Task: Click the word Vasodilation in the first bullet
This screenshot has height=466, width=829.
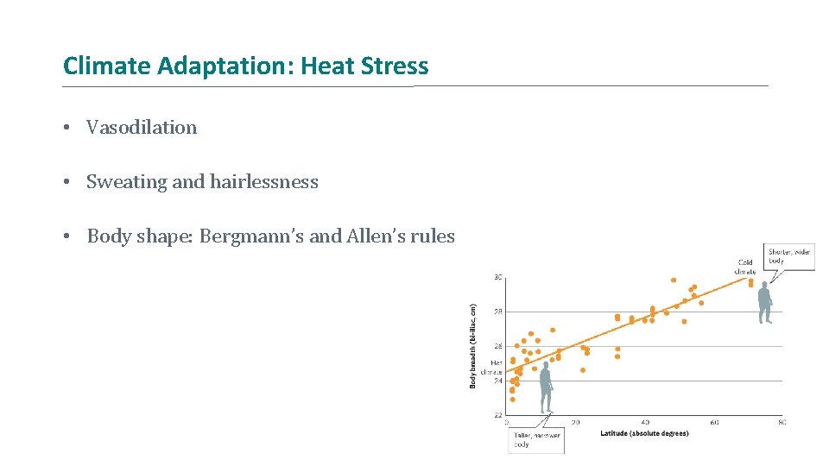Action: (x=142, y=128)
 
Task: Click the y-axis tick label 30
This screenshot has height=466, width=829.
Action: (x=498, y=277)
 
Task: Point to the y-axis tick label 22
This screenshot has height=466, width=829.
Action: (x=498, y=415)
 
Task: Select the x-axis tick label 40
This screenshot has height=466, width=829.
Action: (x=645, y=422)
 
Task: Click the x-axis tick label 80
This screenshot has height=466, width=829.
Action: (x=782, y=422)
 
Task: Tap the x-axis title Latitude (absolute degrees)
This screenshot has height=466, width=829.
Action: (x=644, y=433)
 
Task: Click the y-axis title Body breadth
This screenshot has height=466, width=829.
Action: (x=473, y=344)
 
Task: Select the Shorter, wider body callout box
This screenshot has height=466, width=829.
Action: (x=789, y=257)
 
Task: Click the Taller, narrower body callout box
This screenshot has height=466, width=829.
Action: (x=536, y=441)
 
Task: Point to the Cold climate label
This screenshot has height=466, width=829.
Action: (x=746, y=267)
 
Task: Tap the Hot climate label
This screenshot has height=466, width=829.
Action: (x=497, y=368)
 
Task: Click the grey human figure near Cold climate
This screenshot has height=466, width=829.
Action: (x=764, y=302)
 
